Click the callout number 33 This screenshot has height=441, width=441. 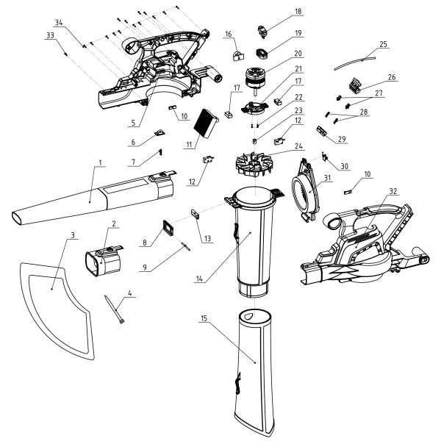(50, 35)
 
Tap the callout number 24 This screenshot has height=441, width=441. (298, 146)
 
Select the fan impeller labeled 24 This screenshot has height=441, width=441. (254, 165)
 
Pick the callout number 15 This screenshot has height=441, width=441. (204, 318)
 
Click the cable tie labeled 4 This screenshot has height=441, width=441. (115, 309)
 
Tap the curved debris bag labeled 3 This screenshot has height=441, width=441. (57, 311)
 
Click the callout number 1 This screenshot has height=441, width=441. (101, 162)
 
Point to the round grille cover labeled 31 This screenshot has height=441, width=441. (306, 190)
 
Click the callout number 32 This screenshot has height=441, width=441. (393, 191)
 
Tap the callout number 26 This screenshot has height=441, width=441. (392, 77)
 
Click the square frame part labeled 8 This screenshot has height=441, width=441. (168, 228)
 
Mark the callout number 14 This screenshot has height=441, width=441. (199, 279)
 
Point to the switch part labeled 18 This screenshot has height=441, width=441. (262, 32)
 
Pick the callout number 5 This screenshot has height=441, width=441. (133, 123)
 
